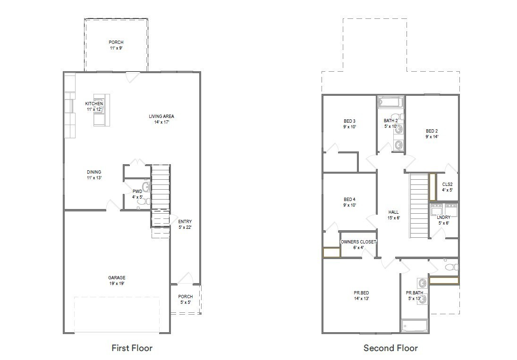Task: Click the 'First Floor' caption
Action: (x=132, y=348)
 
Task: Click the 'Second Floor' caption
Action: (x=390, y=348)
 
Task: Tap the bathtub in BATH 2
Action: (x=390, y=102)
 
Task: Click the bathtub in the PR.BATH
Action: (x=414, y=326)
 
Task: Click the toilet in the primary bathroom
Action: (x=451, y=267)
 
